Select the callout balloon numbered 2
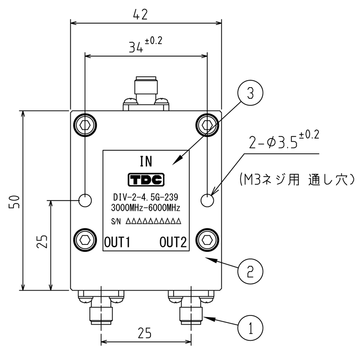click(x=250, y=272)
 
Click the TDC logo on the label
click(x=146, y=180)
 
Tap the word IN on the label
click(x=146, y=162)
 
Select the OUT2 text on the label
click(x=173, y=241)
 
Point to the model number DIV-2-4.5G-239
click(x=146, y=196)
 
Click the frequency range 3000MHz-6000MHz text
click(x=146, y=207)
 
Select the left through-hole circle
click(x=85, y=200)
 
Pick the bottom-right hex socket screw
click(x=207, y=239)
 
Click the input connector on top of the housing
click(x=145, y=92)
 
